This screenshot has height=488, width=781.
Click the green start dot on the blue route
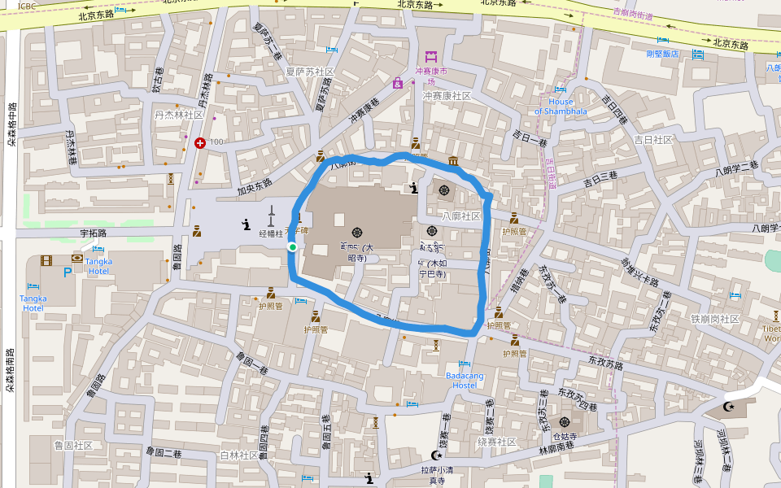click(x=292, y=247)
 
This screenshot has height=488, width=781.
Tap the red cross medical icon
click(x=200, y=143)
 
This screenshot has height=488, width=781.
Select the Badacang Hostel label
click(x=465, y=380)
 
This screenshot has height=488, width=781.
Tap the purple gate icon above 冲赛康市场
click(x=431, y=56)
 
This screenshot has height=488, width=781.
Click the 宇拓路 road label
click(x=94, y=233)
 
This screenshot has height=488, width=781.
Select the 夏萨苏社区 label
click(x=310, y=72)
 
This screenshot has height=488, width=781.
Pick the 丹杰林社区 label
click(x=179, y=115)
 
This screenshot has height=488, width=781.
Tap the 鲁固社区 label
click(x=73, y=446)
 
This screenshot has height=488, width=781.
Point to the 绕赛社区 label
click(x=497, y=442)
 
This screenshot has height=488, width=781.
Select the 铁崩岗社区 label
click(x=714, y=319)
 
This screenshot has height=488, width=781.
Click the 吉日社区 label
click(x=652, y=140)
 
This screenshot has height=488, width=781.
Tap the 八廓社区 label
click(x=461, y=216)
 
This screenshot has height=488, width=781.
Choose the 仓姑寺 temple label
click(x=565, y=436)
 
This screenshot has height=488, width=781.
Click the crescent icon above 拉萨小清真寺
click(x=437, y=456)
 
